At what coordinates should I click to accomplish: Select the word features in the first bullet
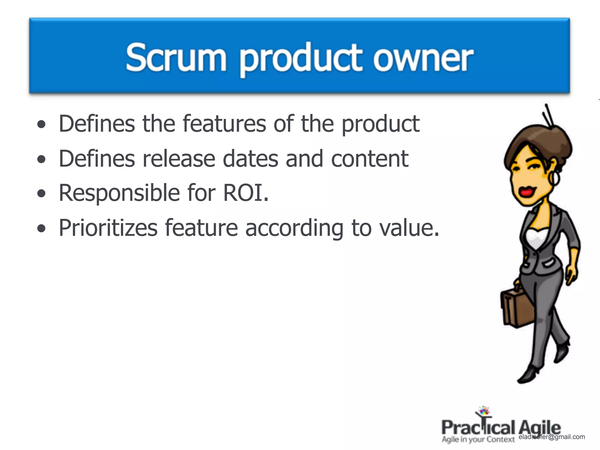[224, 124]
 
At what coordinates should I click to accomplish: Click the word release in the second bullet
[179, 159]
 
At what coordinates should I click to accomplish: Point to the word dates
[250, 159]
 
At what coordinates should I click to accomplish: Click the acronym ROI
[246, 193]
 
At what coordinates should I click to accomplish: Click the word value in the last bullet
[410, 228]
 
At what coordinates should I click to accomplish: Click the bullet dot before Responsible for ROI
[42, 193]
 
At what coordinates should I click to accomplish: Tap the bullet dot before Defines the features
[42, 124]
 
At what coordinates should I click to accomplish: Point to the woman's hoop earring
[554, 178]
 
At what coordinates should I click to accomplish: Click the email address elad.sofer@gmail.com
[552, 437]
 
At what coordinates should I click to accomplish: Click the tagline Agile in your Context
[478, 439]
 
